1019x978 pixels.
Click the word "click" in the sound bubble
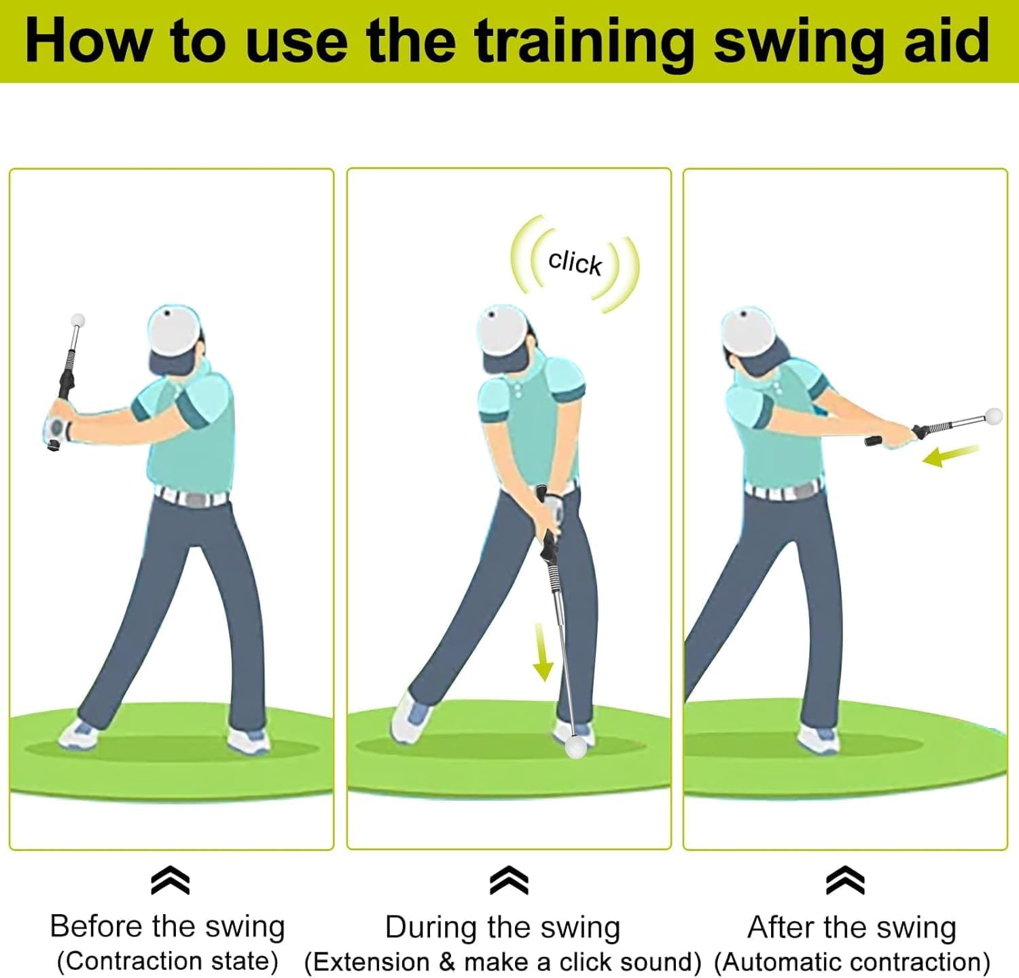click(575, 262)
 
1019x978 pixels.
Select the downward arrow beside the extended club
click(542, 652)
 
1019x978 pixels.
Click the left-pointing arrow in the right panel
click(950, 456)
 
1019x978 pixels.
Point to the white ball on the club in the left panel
click(79, 320)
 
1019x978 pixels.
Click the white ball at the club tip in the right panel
click(993, 416)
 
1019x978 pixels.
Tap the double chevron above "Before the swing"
click(170, 881)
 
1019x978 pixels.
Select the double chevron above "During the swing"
click(509, 881)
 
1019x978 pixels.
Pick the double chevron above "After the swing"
click(845, 881)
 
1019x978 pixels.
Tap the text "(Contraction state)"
click(167, 961)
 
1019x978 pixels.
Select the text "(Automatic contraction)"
click(852, 962)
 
